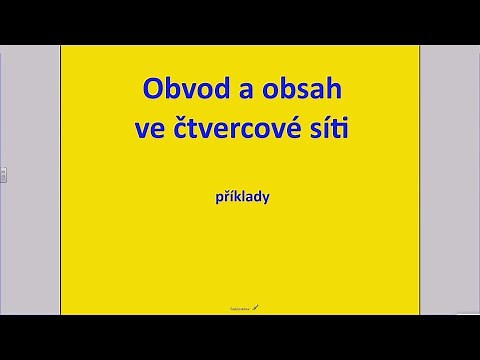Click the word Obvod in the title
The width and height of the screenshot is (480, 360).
click(179, 91)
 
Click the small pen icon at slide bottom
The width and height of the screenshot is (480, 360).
click(256, 308)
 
